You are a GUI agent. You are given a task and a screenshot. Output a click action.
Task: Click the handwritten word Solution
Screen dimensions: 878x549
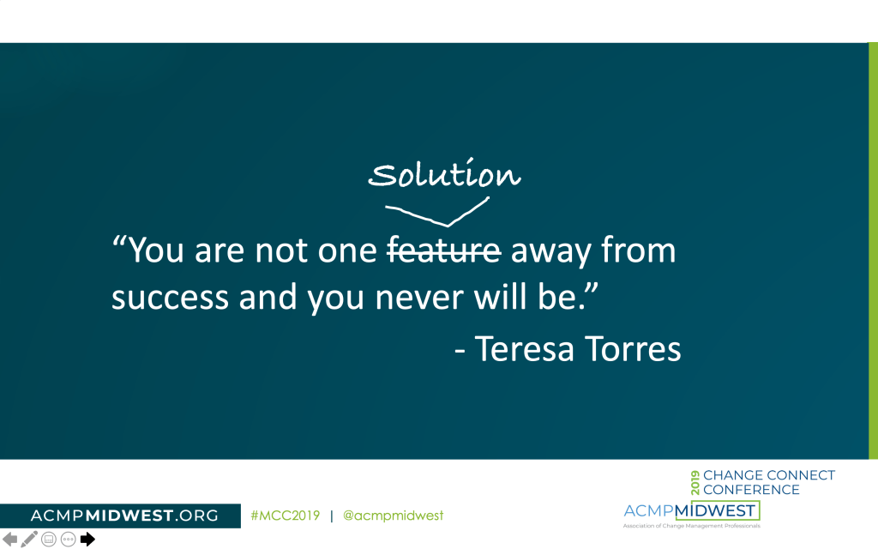(445, 173)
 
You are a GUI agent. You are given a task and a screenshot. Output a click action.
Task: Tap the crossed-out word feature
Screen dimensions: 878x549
(445, 250)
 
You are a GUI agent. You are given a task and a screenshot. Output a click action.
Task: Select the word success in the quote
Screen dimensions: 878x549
(170, 298)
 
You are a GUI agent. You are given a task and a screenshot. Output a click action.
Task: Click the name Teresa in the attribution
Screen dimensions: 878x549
(525, 348)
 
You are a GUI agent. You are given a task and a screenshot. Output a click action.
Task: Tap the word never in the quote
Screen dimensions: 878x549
(419, 298)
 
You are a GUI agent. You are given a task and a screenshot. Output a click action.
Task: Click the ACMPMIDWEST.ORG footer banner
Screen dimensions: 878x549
(120, 516)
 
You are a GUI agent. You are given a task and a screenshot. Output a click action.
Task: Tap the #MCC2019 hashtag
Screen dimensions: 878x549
(285, 516)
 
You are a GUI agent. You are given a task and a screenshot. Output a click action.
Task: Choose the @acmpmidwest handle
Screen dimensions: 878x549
(393, 516)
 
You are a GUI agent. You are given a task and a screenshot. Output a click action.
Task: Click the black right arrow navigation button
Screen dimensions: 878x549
(87, 540)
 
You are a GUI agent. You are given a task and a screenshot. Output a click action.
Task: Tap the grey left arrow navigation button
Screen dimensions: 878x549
(10, 540)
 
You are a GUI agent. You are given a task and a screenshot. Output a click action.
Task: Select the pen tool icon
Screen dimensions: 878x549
(29, 539)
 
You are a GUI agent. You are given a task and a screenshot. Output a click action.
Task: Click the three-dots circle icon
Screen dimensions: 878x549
(69, 540)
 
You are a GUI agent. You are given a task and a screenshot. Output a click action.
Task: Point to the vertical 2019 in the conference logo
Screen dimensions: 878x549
(695, 482)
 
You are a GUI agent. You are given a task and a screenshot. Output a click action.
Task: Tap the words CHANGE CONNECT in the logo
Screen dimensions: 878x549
(769, 475)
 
